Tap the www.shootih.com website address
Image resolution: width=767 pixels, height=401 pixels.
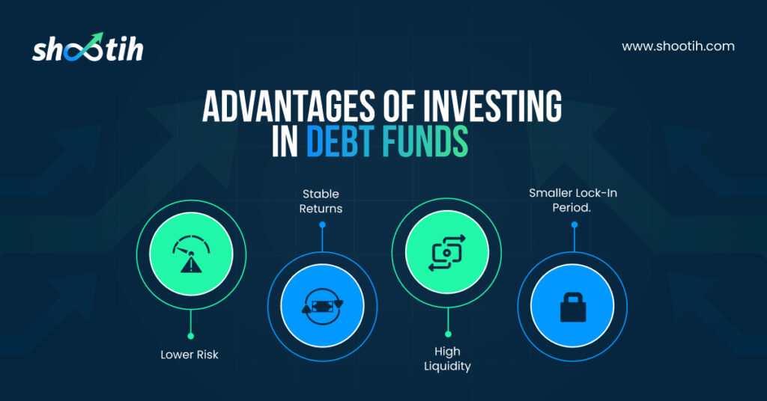(678, 46)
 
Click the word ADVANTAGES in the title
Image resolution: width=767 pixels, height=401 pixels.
(288, 106)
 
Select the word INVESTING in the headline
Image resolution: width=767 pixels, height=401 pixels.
(492, 106)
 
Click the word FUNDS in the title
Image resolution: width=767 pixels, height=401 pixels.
(425, 141)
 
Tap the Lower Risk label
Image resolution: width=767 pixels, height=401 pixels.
(190, 355)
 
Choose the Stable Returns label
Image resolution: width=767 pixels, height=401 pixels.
(321, 201)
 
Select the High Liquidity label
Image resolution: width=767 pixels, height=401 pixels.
(447, 359)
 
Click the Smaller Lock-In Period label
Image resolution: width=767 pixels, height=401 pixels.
(573, 200)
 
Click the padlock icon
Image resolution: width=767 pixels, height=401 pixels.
(573, 307)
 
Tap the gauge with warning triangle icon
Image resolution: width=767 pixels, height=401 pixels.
(191, 254)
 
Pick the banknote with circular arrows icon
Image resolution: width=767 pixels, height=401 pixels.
(322, 307)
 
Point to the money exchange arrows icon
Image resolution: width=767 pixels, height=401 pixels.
(447, 253)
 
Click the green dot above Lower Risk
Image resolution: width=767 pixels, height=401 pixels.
(191, 336)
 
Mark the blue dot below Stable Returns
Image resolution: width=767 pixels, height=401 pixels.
(322, 225)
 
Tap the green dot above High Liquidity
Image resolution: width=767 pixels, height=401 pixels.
(448, 334)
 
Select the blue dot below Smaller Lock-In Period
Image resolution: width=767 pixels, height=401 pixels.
(575, 224)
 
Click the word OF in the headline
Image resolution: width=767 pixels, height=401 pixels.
(399, 106)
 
